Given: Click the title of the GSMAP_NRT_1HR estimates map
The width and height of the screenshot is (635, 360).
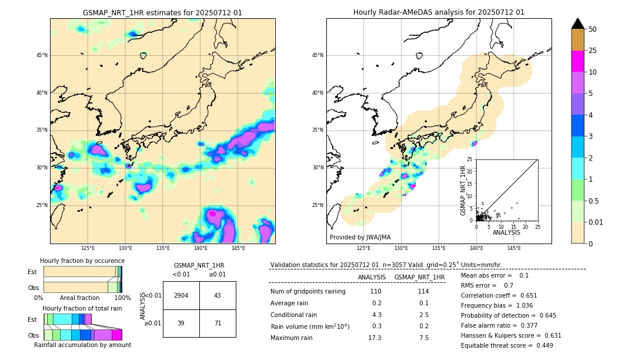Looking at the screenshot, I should point(162,12).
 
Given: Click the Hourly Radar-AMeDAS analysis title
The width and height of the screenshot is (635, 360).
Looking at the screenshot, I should point(439,12).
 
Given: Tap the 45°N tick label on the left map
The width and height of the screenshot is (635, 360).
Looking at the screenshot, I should point(42,55).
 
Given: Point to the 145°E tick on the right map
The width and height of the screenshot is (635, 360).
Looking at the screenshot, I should point(514,248).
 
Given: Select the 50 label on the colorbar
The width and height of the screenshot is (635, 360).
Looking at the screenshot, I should point(593,29).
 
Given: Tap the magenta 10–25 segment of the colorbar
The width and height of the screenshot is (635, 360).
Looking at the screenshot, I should point(577,61).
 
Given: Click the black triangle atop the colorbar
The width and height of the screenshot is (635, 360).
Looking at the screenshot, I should point(577,24).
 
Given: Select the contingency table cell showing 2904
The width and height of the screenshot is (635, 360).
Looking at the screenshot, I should point(181,295).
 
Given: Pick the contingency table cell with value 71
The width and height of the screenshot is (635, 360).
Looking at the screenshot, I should point(218,324).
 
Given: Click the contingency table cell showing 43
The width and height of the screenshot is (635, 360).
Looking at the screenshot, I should point(218,295).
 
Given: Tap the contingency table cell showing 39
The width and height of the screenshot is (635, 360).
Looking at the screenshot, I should point(181,324).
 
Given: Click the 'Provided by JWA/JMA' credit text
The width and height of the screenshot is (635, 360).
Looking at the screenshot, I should point(360,237).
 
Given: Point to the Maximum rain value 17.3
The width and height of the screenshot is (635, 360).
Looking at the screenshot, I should point(375,338).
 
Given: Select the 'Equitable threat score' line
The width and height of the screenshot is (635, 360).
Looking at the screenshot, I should point(507,345).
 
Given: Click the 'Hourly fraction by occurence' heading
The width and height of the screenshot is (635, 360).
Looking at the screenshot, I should point(82,261).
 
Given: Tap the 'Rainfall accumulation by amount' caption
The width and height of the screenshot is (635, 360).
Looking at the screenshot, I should point(82,345).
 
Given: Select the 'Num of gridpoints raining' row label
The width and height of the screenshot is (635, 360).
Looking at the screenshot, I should point(308,291).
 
